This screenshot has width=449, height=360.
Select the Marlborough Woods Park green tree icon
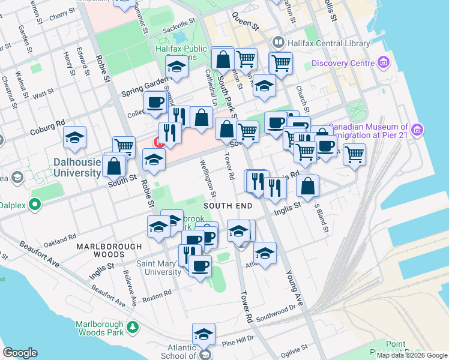coord(133,328)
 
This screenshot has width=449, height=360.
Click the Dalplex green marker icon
coord(35,205)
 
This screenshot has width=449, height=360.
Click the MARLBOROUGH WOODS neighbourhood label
coord(109,247)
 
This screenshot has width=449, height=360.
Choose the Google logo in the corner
coord(20,352)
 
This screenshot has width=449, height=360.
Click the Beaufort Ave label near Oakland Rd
coord(40,254)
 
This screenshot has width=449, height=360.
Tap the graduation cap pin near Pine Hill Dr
coord(204,334)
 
